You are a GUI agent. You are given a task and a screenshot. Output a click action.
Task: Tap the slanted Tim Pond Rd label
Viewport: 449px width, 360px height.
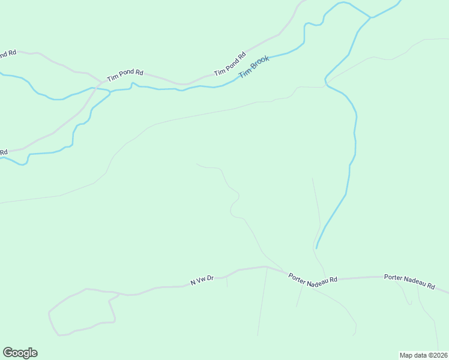(231, 64)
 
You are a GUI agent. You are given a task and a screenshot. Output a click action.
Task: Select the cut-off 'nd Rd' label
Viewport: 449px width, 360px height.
(7, 54)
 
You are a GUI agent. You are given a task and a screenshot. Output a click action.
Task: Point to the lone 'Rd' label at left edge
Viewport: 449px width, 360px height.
(3, 152)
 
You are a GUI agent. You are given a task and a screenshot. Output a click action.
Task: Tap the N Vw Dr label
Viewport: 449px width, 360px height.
(202, 281)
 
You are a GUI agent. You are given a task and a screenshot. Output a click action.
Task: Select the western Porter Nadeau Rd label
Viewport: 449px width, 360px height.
(313, 280)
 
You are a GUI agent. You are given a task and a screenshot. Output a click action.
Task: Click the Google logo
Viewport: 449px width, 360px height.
(20, 353)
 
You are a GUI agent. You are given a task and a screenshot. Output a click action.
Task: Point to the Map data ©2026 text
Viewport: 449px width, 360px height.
(423, 355)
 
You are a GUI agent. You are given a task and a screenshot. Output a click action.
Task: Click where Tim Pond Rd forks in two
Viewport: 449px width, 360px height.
(101, 80)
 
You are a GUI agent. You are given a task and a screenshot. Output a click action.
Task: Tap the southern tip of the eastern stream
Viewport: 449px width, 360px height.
(316, 247)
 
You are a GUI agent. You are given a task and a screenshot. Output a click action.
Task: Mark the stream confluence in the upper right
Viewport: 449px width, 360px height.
(370, 17)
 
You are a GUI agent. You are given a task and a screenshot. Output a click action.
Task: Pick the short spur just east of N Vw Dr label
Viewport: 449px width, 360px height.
(227, 282)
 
